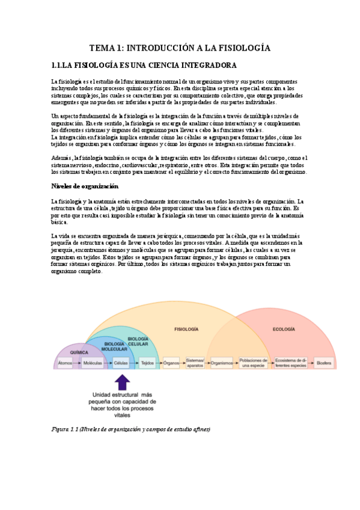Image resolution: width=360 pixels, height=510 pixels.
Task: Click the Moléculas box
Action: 93,363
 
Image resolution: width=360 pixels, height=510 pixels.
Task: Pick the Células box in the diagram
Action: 121,363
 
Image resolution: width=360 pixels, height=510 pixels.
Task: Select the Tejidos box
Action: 147,363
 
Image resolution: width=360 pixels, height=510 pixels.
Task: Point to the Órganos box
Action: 171,363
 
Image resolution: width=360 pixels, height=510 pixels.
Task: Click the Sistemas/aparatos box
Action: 195,363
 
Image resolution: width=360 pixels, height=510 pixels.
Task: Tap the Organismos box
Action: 222,363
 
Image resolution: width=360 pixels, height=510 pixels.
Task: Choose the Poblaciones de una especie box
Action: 252,363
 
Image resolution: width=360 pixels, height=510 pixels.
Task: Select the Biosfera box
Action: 324,363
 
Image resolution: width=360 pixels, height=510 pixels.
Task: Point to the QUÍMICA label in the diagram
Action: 79,352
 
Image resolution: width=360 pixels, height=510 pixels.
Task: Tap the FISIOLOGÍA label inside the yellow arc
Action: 186,330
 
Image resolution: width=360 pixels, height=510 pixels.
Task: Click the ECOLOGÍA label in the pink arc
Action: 284,330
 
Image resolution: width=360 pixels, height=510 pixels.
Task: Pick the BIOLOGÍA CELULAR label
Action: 138,340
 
